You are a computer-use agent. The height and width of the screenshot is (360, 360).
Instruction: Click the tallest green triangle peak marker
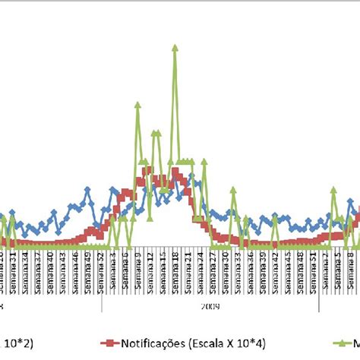[175, 47]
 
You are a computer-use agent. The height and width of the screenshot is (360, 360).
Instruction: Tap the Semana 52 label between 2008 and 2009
[101, 265]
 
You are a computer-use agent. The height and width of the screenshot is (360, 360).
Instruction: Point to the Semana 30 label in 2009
[226, 265]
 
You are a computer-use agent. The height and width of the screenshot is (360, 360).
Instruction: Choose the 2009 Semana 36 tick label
[251, 265]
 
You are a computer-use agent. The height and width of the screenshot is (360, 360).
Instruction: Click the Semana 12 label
[150, 265]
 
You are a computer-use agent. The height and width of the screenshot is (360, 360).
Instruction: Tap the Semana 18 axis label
[175, 265]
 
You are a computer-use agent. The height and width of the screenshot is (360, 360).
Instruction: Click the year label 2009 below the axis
[210, 286]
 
